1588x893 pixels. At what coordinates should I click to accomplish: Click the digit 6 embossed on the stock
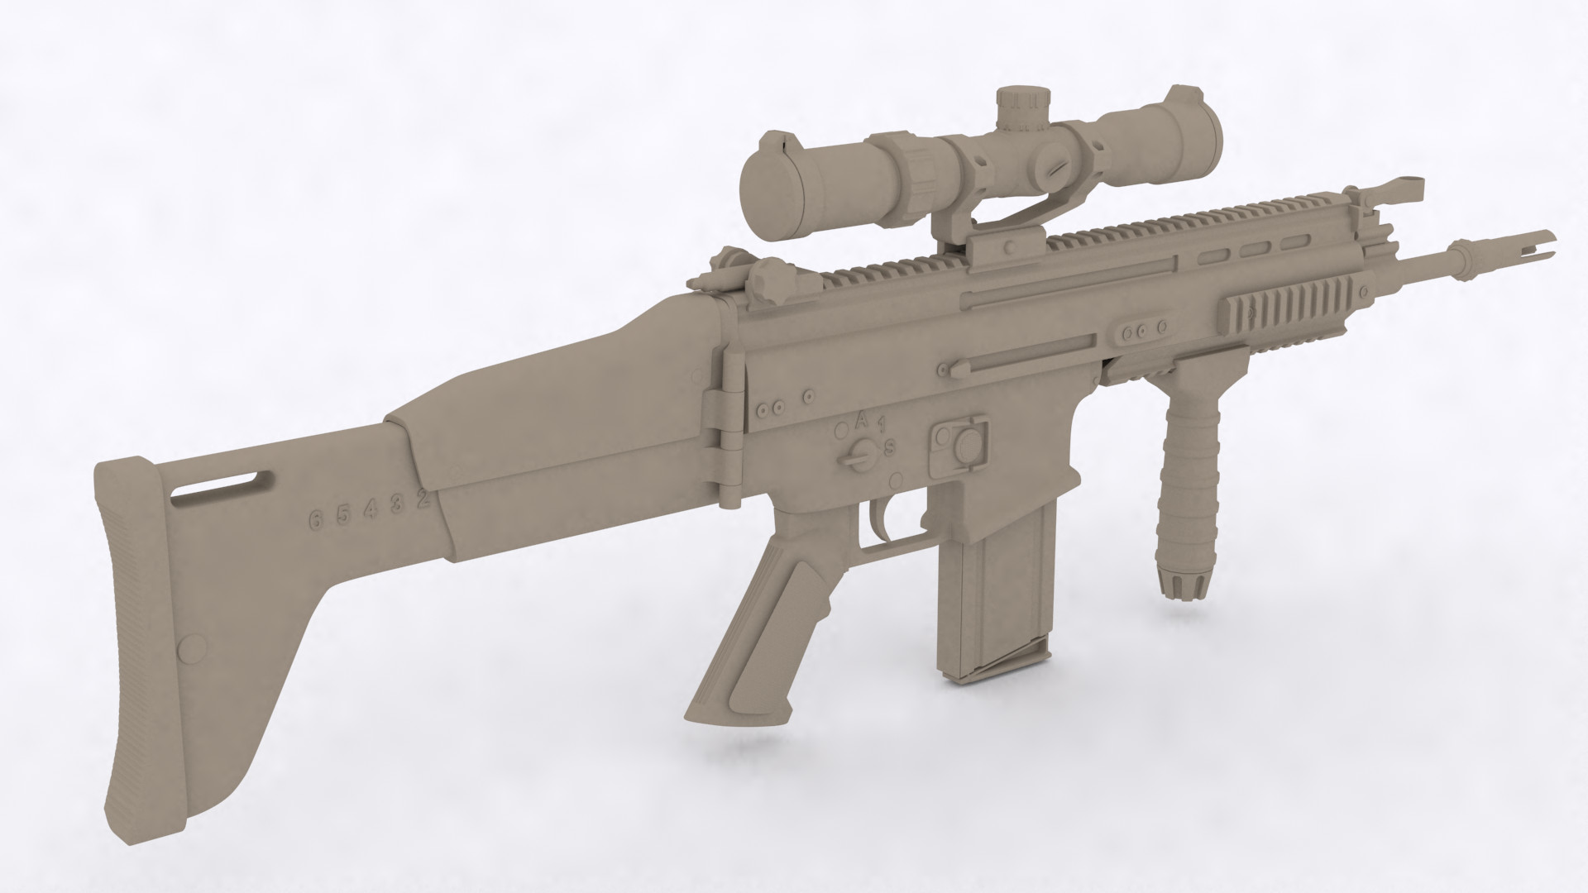click(314, 520)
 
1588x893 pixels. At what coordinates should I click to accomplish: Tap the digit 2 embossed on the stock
click(423, 499)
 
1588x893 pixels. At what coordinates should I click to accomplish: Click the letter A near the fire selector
click(862, 419)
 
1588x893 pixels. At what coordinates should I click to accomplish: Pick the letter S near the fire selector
click(890, 447)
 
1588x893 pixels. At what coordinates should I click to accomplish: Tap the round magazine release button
click(964, 446)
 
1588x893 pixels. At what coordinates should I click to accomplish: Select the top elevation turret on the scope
click(1022, 108)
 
